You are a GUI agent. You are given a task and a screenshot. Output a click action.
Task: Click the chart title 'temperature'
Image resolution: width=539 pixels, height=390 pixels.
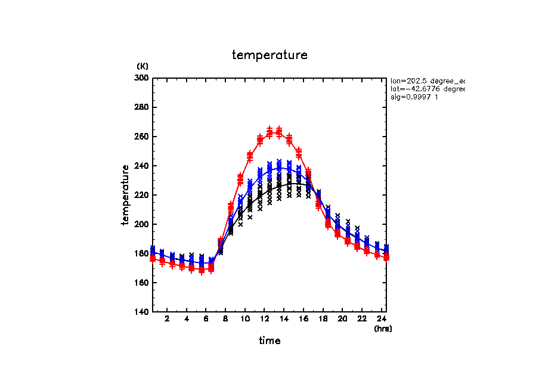point(269,55)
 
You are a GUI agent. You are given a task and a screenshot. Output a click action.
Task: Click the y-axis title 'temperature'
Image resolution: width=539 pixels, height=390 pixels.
point(126,195)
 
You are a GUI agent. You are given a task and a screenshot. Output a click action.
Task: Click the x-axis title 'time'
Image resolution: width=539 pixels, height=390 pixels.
point(269,341)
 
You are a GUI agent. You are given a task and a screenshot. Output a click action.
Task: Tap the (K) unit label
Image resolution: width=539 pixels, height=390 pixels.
point(143,66)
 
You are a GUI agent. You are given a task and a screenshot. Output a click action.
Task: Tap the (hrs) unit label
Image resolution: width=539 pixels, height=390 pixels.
point(383,329)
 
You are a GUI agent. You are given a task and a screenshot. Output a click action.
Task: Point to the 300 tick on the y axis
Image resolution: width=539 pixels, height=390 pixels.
point(143,78)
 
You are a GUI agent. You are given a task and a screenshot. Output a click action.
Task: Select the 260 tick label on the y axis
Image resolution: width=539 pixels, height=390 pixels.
point(143,137)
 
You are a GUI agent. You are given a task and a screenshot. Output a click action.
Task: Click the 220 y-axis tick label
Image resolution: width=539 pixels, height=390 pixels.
point(143,195)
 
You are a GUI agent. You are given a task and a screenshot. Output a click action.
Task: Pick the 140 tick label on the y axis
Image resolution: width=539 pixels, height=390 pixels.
point(143,312)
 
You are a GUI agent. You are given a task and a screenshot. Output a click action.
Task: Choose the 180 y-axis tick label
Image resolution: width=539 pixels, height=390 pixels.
point(143,253)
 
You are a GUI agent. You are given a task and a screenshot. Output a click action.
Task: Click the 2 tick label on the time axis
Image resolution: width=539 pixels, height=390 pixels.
point(168,320)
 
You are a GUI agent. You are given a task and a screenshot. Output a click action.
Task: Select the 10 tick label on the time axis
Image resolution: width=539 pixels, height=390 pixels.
point(245,320)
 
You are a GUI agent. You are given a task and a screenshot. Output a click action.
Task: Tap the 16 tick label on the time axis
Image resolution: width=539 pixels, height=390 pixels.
point(303,320)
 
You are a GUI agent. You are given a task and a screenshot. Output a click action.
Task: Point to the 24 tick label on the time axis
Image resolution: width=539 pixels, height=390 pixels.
point(382,320)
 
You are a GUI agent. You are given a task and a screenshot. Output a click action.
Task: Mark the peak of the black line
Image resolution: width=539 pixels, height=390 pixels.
point(289,183)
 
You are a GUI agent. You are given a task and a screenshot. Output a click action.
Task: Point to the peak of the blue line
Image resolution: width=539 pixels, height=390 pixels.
point(279,168)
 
